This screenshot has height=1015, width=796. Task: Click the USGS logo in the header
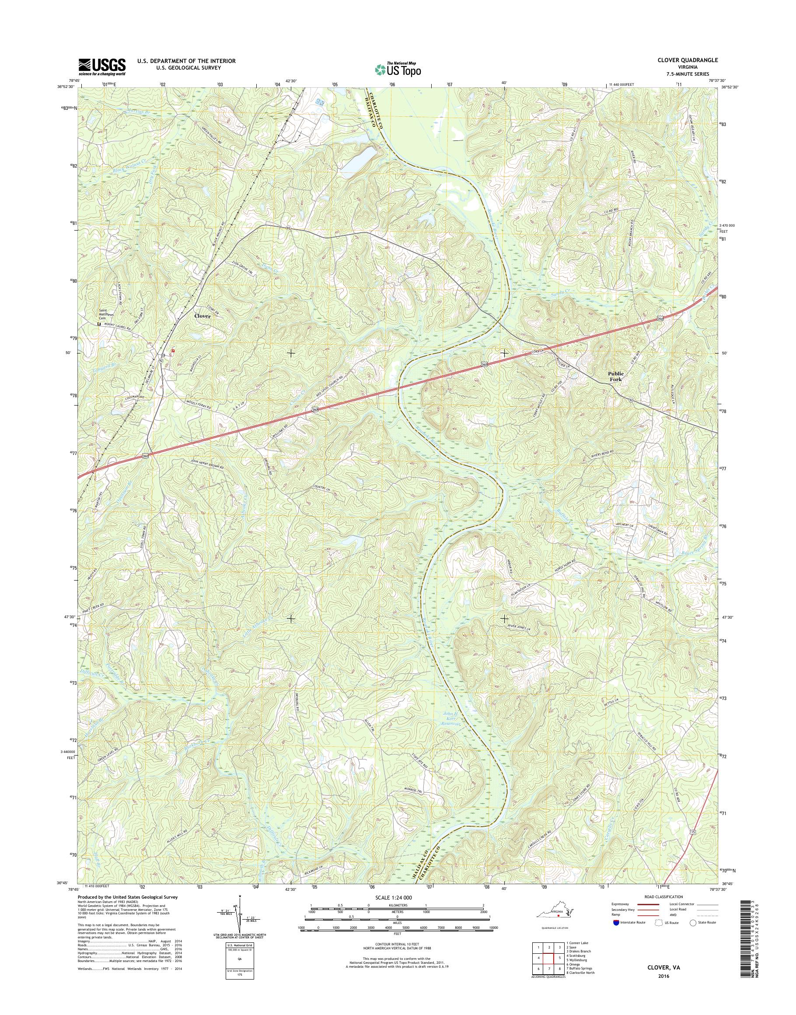point(102,66)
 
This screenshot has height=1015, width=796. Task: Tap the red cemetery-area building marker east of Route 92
point(173,349)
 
